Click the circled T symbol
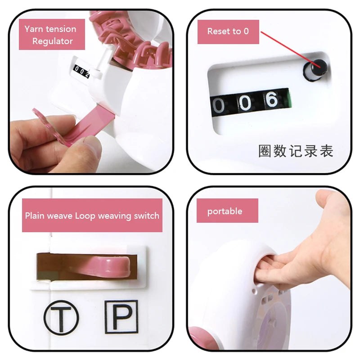tap(61, 318)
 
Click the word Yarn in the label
tap(34, 29)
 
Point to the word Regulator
tap(53, 41)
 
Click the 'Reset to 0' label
tap(228, 31)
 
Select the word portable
tap(225, 211)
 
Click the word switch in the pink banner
tap(147, 216)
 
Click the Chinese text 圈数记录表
tap(296, 151)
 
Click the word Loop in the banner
tap(85, 216)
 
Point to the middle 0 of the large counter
tap(245, 103)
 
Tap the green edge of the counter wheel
tap(290, 98)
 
